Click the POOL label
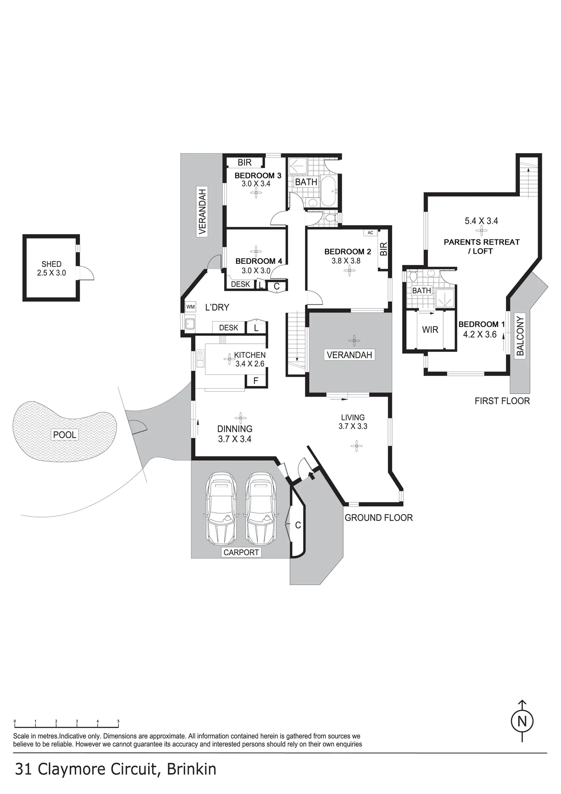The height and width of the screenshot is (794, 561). point(65,434)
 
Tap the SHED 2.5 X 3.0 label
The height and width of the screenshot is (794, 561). point(51,268)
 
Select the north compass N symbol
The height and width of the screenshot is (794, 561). point(522,722)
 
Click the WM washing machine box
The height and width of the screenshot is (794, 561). point(191,307)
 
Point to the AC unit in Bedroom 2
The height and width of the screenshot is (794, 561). point(370,233)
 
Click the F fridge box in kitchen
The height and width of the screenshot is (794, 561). point(256,380)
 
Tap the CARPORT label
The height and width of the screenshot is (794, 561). point(241,552)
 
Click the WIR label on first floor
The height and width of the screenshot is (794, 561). point(430,329)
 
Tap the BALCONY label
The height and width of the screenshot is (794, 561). point(520,335)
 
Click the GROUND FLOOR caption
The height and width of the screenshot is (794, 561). point(378,518)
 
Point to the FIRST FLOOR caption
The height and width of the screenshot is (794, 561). point(502,401)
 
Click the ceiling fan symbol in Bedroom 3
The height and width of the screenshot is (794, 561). point(256,193)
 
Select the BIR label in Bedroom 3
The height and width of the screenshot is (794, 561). point(244,162)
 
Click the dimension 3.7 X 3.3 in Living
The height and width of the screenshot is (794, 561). point(353,426)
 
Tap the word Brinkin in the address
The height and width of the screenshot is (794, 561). point(191,769)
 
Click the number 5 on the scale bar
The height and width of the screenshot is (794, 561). point(119,721)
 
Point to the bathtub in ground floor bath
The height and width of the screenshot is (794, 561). point(328,191)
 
